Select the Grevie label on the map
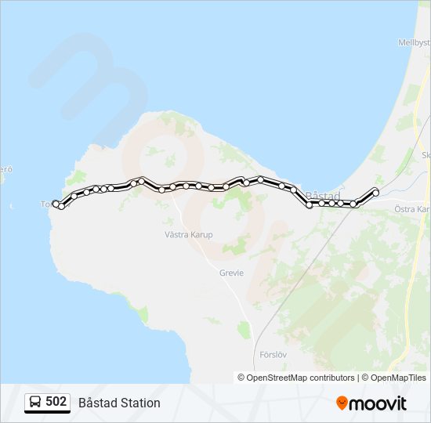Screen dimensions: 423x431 click(x=232, y=273)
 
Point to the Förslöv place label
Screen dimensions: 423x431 click(x=273, y=354)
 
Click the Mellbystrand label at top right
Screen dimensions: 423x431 click(x=414, y=42)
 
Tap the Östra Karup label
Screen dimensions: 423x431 click(x=412, y=209)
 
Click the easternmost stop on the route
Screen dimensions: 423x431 click(x=375, y=192)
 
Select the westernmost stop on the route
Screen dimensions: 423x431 click(x=56, y=204)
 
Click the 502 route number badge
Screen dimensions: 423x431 click(x=47, y=403)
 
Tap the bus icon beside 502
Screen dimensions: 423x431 click(x=35, y=403)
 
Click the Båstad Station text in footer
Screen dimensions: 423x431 click(x=119, y=403)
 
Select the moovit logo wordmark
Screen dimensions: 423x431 click(x=378, y=403)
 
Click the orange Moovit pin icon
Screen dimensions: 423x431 click(x=342, y=403)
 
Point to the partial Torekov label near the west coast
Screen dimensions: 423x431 click(x=45, y=204)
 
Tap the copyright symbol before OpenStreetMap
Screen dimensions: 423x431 click(x=241, y=378)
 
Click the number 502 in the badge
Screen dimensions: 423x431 click(x=56, y=402)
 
